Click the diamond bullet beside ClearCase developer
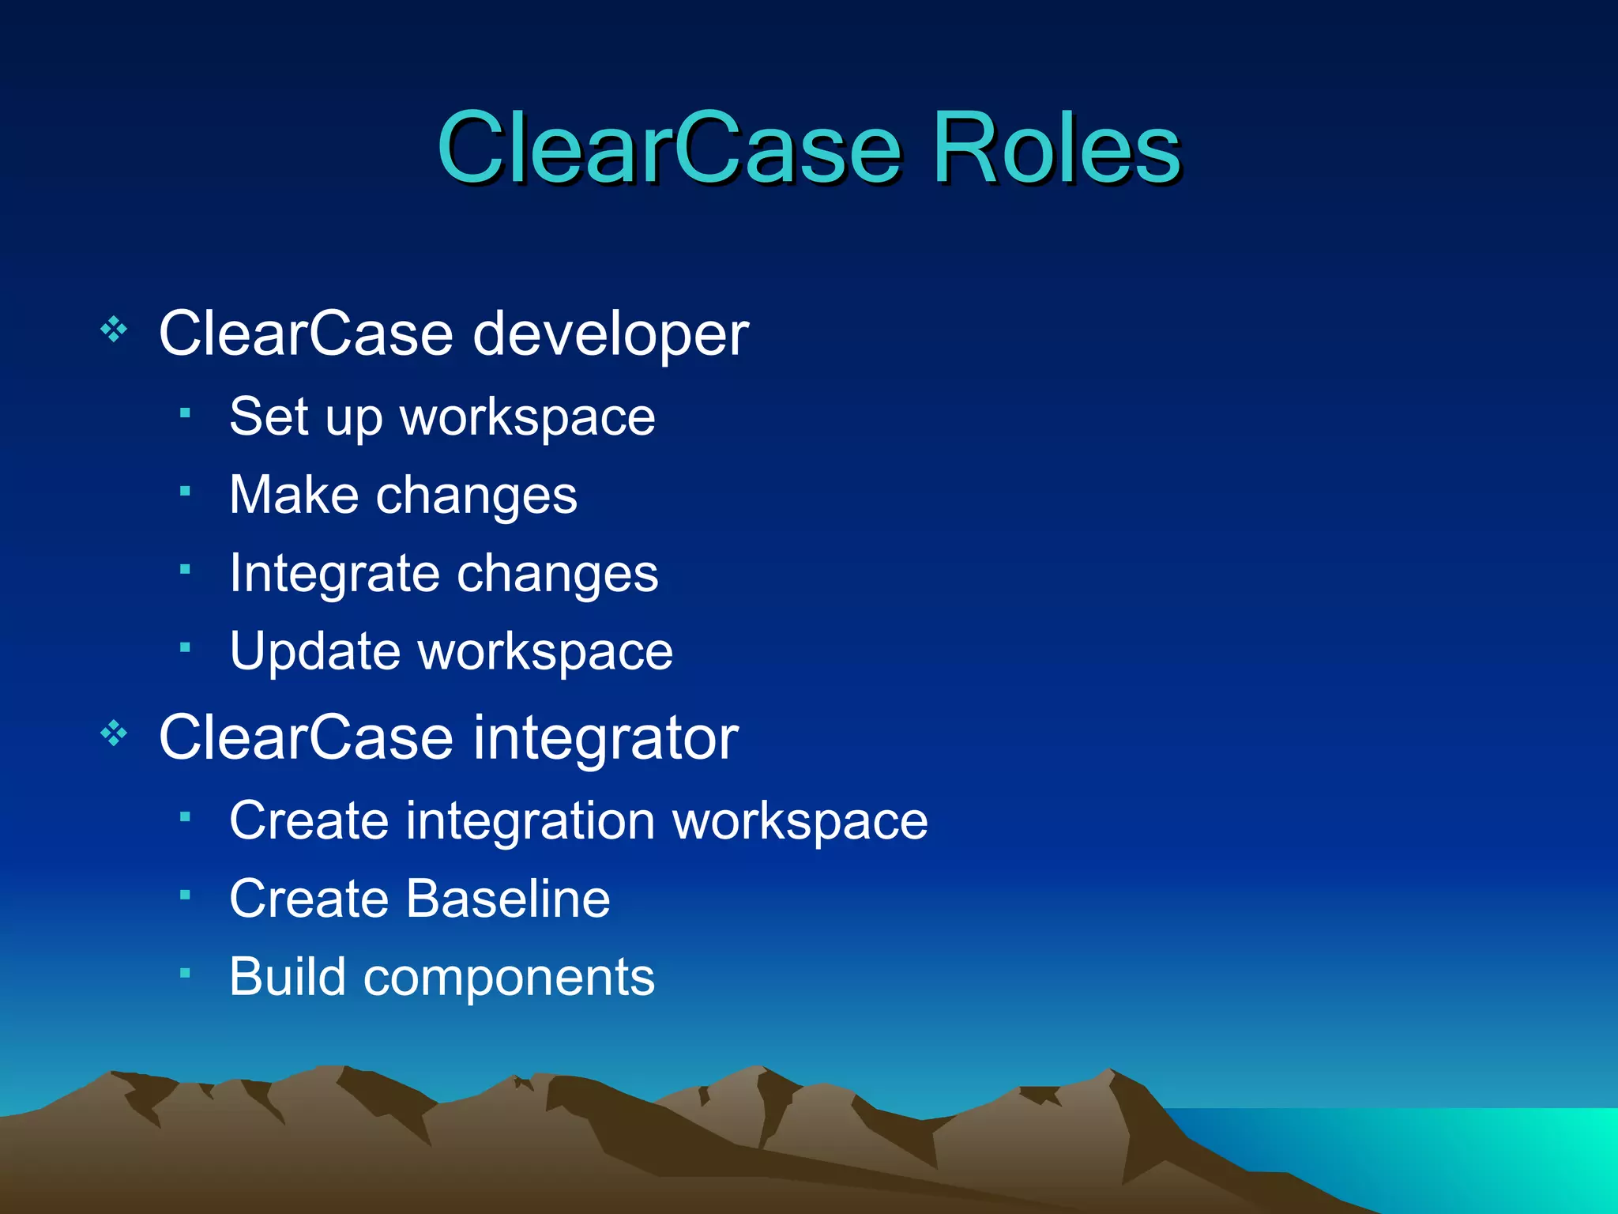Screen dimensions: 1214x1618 coord(114,329)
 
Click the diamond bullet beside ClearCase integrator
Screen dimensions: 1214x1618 coord(114,733)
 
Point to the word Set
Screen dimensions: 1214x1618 coord(268,417)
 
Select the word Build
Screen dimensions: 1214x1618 coord(287,977)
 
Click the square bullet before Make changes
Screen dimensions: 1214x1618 coord(185,492)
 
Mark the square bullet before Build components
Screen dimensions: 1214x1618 coord(185,973)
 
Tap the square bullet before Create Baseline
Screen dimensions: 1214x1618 coord(185,895)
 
